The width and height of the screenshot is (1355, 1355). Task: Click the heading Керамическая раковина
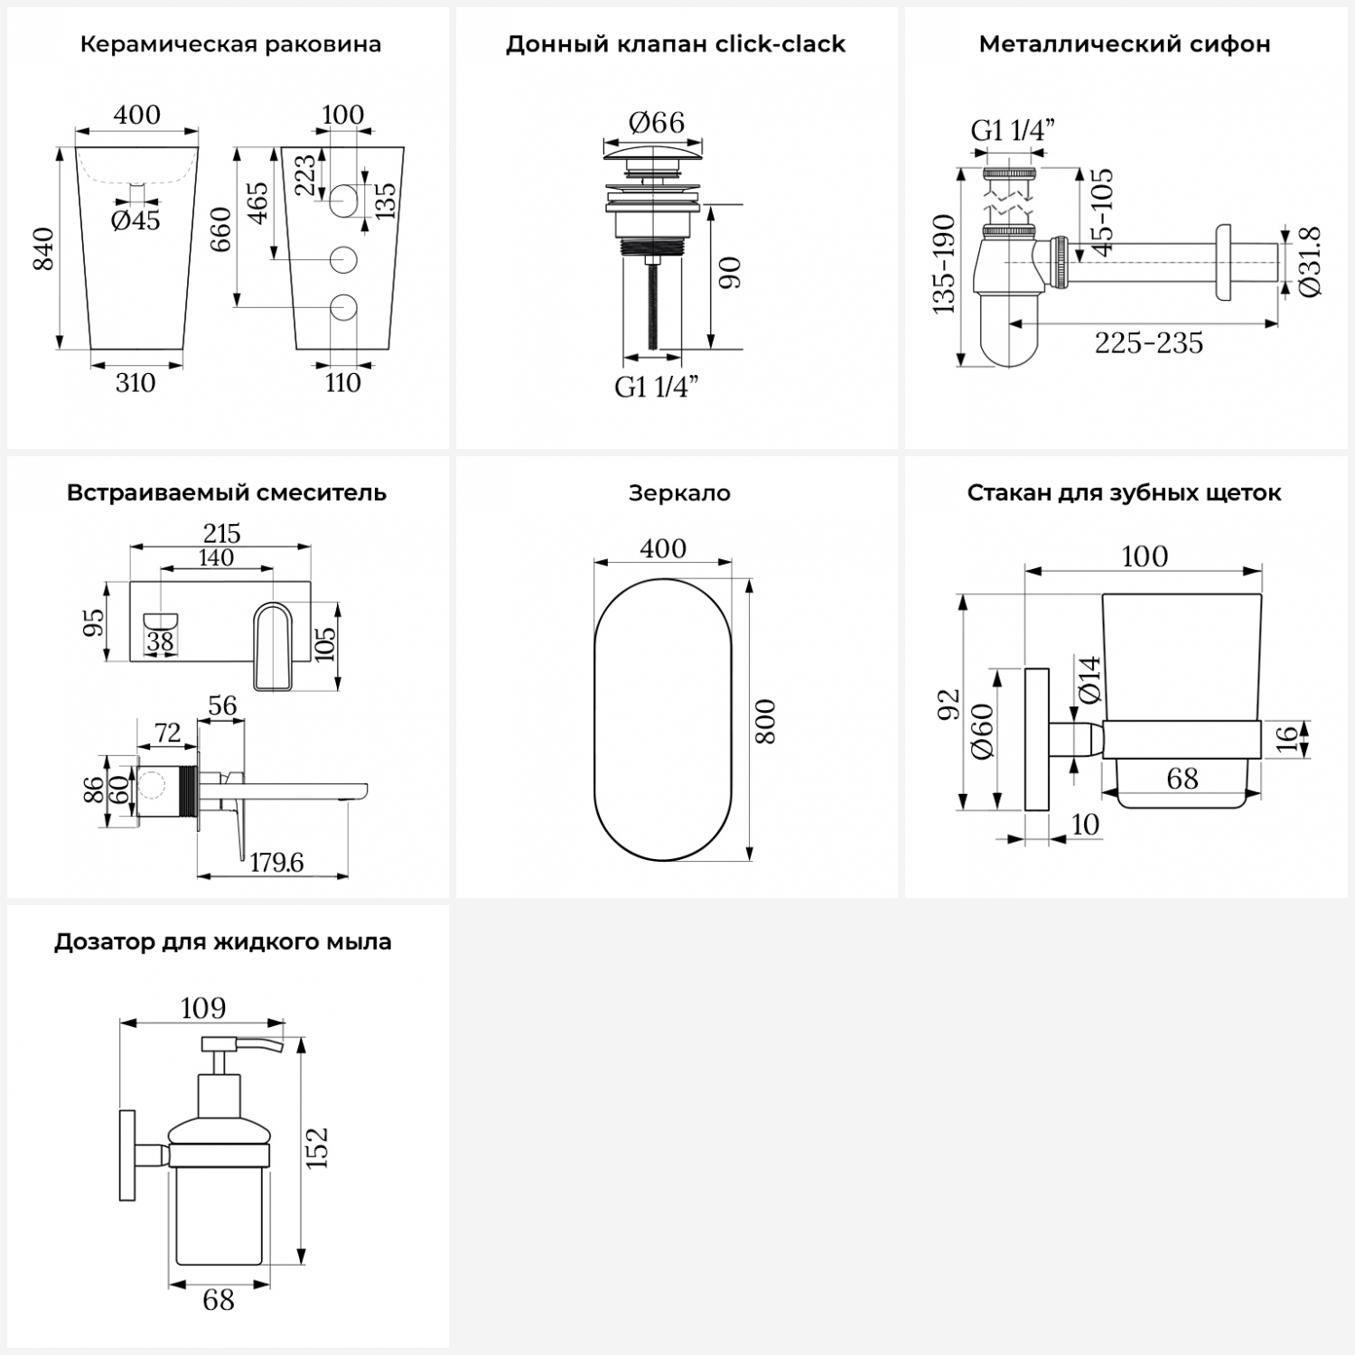230,44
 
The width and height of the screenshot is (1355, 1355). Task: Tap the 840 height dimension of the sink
43,248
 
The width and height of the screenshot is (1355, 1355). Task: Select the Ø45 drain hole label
135,220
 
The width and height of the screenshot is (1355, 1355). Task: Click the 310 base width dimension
135,383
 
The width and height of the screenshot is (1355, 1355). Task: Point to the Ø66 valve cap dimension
656,122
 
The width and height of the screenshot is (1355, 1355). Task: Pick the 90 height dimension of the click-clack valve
730,273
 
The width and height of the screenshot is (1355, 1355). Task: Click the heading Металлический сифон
1125,44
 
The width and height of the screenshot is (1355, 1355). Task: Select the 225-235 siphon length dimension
1149,343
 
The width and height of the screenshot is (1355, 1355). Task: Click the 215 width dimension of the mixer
221,533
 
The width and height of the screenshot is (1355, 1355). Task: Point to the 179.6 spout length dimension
276,863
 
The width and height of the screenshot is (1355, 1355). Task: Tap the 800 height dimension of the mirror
765,721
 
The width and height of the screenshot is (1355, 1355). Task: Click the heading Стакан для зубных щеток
1124,493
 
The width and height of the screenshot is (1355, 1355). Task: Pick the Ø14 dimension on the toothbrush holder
1090,679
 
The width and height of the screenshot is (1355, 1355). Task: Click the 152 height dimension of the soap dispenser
317,1148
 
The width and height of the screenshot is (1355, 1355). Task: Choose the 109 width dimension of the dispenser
203,1008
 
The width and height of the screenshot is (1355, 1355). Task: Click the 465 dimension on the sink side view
257,203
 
